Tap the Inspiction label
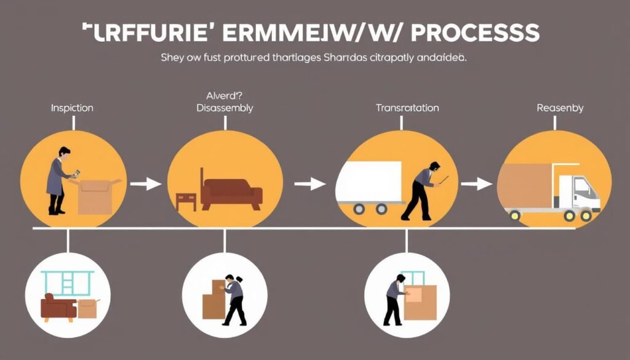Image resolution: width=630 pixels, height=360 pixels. [x=72, y=108]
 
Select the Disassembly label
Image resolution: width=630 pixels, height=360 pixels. [x=225, y=108]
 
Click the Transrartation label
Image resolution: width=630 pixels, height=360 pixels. [x=407, y=108]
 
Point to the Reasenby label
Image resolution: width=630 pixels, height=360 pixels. [x=560, y=108]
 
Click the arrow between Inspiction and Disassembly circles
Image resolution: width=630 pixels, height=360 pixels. [x=146, y=183]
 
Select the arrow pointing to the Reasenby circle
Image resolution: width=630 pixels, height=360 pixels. [x=476, y=183]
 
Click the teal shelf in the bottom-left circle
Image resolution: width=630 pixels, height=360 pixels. [x=68, y=282]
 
